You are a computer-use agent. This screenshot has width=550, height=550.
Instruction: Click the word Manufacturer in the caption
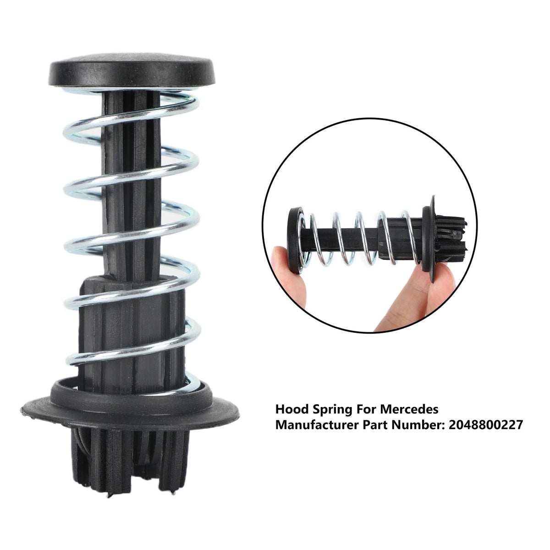[x=311, y=425]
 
